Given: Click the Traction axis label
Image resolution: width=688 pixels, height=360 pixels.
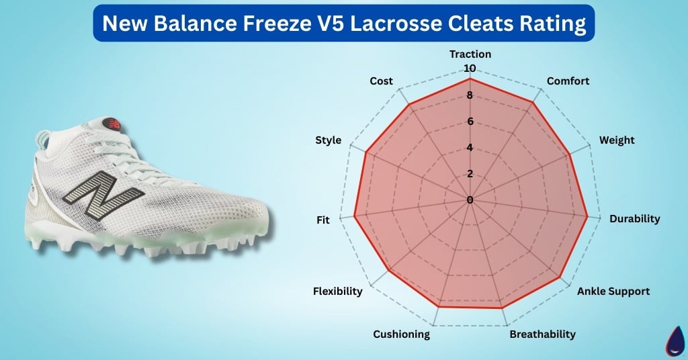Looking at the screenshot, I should coord(470,54).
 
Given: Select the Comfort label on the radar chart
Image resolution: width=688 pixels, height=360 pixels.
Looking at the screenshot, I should coord(568,81).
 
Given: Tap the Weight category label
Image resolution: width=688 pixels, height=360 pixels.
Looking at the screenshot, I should coord(616,140).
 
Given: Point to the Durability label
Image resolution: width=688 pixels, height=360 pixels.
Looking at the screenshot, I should coord(634,219).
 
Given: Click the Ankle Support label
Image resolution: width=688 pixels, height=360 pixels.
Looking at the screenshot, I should coord(613,291).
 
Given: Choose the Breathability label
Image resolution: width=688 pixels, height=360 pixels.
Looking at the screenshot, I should coord(542,334).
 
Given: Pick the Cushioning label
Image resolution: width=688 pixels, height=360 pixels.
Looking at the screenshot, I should coord(401,334).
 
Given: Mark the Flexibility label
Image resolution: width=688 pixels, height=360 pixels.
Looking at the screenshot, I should coord(337,291).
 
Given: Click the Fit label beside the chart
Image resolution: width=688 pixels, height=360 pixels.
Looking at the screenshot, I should coord(323,220).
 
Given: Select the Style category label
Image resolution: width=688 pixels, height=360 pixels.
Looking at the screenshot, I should coord(328,140).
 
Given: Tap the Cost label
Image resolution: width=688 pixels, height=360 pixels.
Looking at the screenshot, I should coord(381,81).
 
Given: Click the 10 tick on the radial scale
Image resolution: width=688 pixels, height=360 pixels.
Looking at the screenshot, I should coord(469,69).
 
